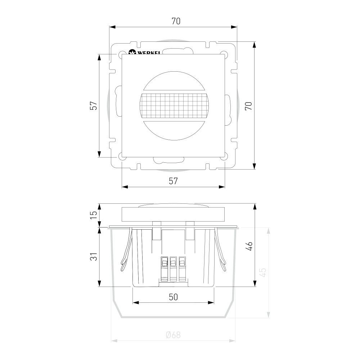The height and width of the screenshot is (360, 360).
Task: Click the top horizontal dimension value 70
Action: [x=176, y=21]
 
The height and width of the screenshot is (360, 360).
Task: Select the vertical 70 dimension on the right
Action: [x=248, y=106]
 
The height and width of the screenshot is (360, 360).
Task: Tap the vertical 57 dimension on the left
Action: [x=94, y=105]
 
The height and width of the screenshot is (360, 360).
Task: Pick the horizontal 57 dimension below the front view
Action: [x=174, y=181]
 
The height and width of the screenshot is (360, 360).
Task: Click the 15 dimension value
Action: [x=94, y=215]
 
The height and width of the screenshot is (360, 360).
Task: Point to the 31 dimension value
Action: [x=94, y=256]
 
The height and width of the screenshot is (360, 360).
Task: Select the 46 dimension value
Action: [x=249, y=246]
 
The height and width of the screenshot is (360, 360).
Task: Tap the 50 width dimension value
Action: [x=174, y=297]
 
